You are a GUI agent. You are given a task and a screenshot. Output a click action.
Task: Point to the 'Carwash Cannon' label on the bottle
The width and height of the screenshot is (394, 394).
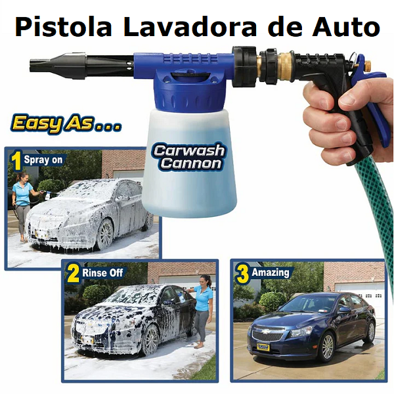[188, 156]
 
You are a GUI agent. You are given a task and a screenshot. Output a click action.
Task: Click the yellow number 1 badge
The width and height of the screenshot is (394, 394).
[16, 160]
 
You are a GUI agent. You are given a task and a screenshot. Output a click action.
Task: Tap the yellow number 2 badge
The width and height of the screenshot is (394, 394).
[74, 273]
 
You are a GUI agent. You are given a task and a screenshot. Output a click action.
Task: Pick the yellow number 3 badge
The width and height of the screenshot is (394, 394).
[241, 273]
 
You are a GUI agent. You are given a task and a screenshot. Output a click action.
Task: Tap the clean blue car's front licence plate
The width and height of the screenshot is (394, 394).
[263, 344]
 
